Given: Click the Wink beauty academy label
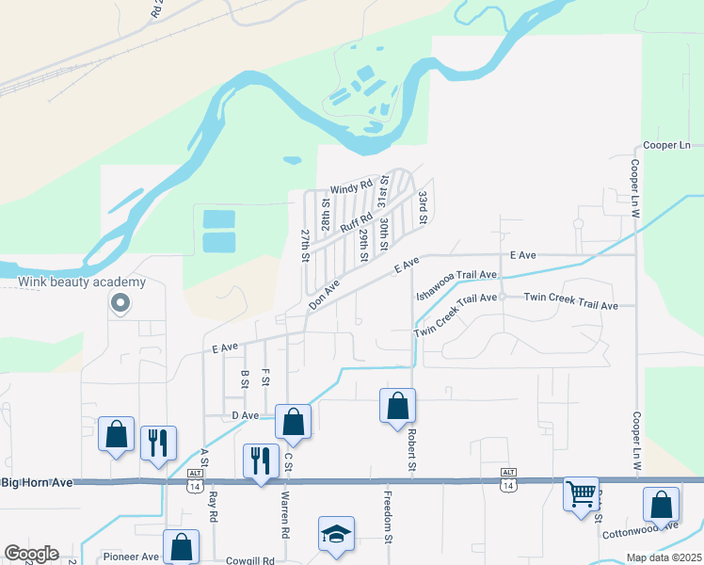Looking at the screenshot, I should click(x=81, y=282).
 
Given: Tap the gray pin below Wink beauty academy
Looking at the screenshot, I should click(x=120, y=303).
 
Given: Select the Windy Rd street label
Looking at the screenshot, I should click(x=351, y=188).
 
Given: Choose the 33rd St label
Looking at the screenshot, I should click(x=424, y=206).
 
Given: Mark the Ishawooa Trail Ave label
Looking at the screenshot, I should click(x=455, y=275).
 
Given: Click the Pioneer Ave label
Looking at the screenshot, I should click(x=132, y=557).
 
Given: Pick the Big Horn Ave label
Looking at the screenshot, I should click(x=37, y=483).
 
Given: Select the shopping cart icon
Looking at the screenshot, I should click(x=581, y=492).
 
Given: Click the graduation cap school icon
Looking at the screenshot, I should click(x=336, y=533).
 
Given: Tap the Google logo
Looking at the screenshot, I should click(x=31, y=554).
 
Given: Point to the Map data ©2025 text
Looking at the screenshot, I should click(x=664, y=557).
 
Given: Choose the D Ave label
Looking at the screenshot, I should click(x=245, y=415).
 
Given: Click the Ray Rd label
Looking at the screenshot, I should click(x=214, y=507).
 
